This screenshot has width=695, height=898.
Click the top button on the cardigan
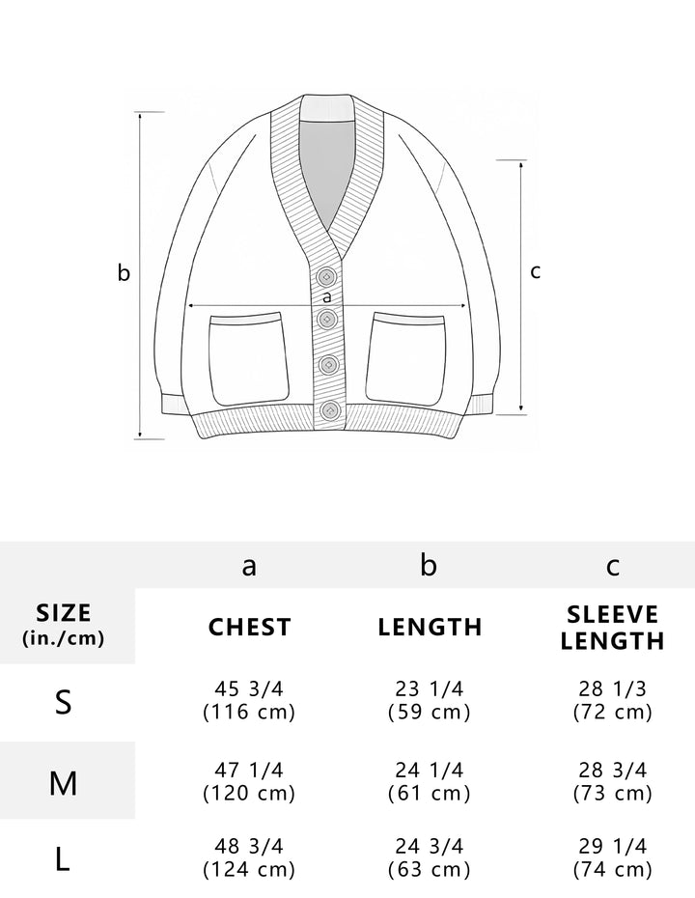coord(326,275)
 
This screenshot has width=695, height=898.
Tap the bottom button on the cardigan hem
coord(329,410)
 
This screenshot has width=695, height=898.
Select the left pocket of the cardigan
coord(248,357)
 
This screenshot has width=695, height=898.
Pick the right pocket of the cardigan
coord(408,357)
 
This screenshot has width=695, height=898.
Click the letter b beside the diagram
coord(124,273)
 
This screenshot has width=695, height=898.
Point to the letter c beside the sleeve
coord(536,271)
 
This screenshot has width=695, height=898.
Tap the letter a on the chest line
coord(326,296)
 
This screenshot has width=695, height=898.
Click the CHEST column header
coord(249,627)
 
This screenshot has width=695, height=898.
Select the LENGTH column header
coord(430,627)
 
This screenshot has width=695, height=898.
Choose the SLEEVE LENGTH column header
coord(612,628)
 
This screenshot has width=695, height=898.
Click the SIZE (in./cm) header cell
coord(64,625)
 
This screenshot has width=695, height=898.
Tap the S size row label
coord(64,702)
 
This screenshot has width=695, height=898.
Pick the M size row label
coord(64,782)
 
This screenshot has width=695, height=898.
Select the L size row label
coord(64,858)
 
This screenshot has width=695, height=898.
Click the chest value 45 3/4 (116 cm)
coord(249,701)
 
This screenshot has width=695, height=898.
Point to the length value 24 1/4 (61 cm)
coord(430,781)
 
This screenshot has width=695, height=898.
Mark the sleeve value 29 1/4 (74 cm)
coord(612,856)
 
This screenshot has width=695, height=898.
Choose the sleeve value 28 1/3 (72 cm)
coord(612,701)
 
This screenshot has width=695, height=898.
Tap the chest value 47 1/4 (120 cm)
coord(249,781)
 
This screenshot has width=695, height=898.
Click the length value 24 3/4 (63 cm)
coord(430,856)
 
